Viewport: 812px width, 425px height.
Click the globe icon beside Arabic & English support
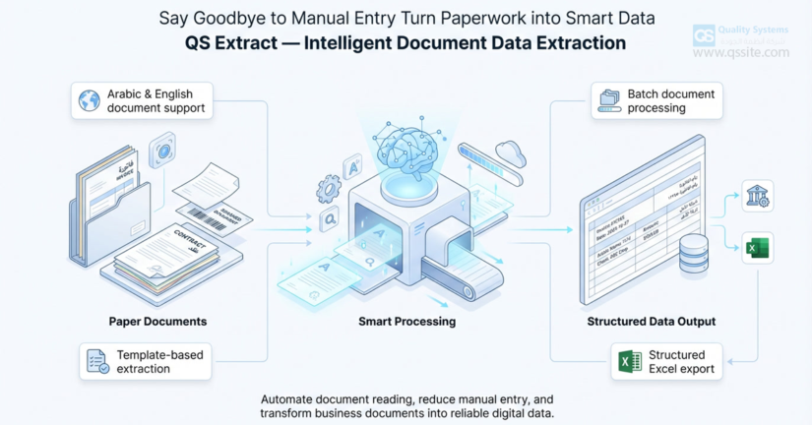pyautogui.click(x=90, y=101)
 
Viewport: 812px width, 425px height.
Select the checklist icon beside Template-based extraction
pyautogui.click(x=97, y=361)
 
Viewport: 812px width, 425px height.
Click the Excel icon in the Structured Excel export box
pyautogui.click(x=630, y=361)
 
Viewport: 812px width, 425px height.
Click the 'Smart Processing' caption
pyautogui.click(x=406, y=322)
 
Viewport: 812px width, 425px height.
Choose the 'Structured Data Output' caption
pyautogui.click(x=651, y=322)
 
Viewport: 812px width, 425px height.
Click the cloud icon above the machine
pyautogui.click(x=511, y=152)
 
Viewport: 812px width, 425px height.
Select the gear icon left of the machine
pyautogui.click(x=329, y=189)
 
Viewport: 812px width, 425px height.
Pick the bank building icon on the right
pyautogui.click(x=758, y=196)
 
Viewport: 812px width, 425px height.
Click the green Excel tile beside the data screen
pyautogui.click(x=758, y=248)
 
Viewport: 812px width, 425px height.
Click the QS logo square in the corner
pyautogui.click(x=704, y=35)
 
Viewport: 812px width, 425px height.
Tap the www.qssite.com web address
pyautogui.click(x=740, y=53)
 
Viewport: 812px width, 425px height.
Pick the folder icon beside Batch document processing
pyautogui.click(x=610, y=101)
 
